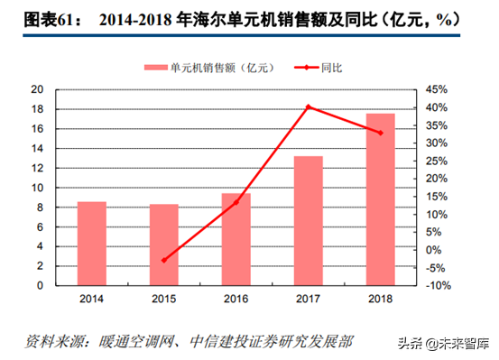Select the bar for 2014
pos(92,243)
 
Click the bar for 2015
pos(164,245)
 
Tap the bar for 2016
pos(236,239)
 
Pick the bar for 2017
pos(309,220)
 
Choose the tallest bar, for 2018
pos(380,199)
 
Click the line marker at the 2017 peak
pos(309,107)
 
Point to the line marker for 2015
pos(164,260)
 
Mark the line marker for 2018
pos(380,133)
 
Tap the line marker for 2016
pos(236,203)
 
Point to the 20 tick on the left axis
pos(37,89)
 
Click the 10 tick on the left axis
pos(37,188)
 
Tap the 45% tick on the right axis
pos(435,89)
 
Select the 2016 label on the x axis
pos(236,298)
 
